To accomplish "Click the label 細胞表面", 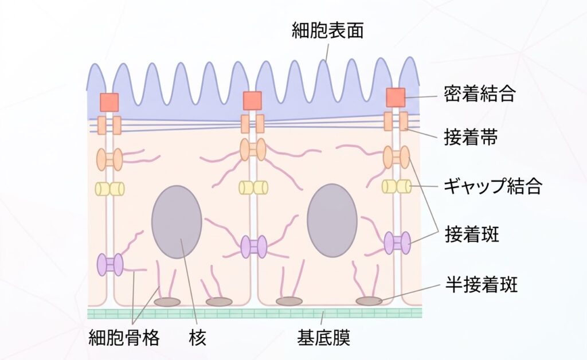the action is tap(327, 30).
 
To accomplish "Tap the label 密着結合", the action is tap(480, 93).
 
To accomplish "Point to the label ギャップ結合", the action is tap(492, 186).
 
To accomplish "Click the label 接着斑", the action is tap(472, 234).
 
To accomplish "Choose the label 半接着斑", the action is tap(481, 284).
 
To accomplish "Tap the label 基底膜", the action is tap(324, 338).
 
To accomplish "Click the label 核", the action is tap(197, 338).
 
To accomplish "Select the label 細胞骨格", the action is tap(124, 338).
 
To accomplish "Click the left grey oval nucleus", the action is tap(177, 222).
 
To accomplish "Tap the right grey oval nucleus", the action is tap(332, 221).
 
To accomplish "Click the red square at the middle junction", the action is tap(252, 101).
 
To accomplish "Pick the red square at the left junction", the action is tap(109, 103).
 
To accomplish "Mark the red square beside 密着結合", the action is tap(396, 97).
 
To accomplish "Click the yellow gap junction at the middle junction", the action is tap(253, 187).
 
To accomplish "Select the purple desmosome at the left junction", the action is tap(110, 265).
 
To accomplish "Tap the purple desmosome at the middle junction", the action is tap(253, 246).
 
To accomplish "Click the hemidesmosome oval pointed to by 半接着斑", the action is tap(369, 301).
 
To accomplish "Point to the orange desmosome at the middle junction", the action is tap(253, 149).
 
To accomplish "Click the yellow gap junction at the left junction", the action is tap(109, 189).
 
